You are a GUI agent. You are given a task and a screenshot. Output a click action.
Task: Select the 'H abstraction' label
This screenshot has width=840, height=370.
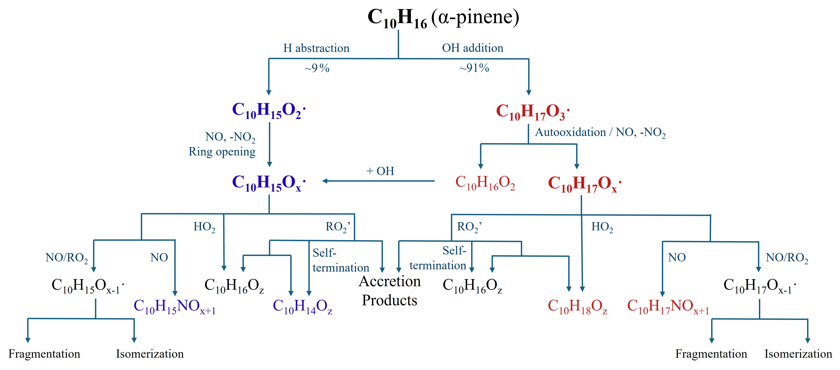click(316, 48)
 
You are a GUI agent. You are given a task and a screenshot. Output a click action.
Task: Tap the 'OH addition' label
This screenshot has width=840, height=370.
click(472, 48)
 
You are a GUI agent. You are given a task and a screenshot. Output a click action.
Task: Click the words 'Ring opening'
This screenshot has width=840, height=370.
click(222, 152)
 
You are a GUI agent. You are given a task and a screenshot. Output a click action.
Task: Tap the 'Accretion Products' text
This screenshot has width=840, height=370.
click(390, 290)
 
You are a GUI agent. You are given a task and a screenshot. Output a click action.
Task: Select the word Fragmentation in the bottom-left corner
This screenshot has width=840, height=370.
click(44, 354)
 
